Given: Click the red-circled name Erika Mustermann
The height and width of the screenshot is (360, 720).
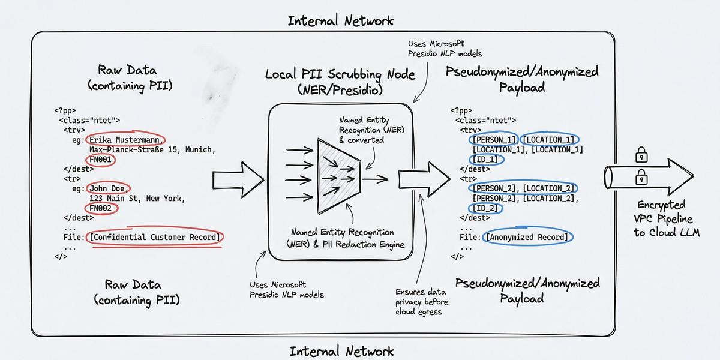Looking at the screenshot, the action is point(125,140).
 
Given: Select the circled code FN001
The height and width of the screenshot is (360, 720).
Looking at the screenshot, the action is point(100,160).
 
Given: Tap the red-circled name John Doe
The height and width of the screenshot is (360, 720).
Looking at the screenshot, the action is point(107,188).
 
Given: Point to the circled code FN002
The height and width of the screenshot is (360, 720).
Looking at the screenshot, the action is point(100,208).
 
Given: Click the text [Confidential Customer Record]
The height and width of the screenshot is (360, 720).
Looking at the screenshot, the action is point(155,237).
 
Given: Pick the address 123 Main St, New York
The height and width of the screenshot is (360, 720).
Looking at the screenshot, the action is point(137,199).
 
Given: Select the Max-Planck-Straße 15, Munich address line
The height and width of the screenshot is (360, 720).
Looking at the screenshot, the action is point(152,150).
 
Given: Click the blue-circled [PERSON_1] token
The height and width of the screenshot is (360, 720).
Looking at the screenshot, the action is point(494,140).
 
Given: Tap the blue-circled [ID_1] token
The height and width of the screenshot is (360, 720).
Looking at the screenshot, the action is point(485,160).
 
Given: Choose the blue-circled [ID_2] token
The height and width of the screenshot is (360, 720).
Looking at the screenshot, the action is point(485,208).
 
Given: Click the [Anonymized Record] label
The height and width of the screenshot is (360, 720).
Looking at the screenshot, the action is point(527,237).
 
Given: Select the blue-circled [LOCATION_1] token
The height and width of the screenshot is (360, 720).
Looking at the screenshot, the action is point(548,140).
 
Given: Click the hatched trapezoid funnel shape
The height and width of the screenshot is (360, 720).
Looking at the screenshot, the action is point(339,176).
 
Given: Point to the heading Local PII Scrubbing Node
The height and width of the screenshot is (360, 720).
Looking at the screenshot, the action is point(340,74).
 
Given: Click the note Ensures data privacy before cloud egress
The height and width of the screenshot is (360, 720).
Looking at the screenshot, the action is point(421,302).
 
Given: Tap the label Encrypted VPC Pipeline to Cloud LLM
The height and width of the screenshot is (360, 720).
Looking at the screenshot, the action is point(667,218).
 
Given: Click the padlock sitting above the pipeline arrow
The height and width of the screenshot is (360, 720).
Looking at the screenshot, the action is point(641,155).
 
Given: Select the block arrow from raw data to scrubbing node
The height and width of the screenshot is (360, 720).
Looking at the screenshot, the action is point(238,179).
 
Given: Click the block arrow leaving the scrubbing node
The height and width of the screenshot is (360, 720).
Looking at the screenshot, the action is point(424,179).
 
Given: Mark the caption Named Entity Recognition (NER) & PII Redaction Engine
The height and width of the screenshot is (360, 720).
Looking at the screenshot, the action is point(345,238).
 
